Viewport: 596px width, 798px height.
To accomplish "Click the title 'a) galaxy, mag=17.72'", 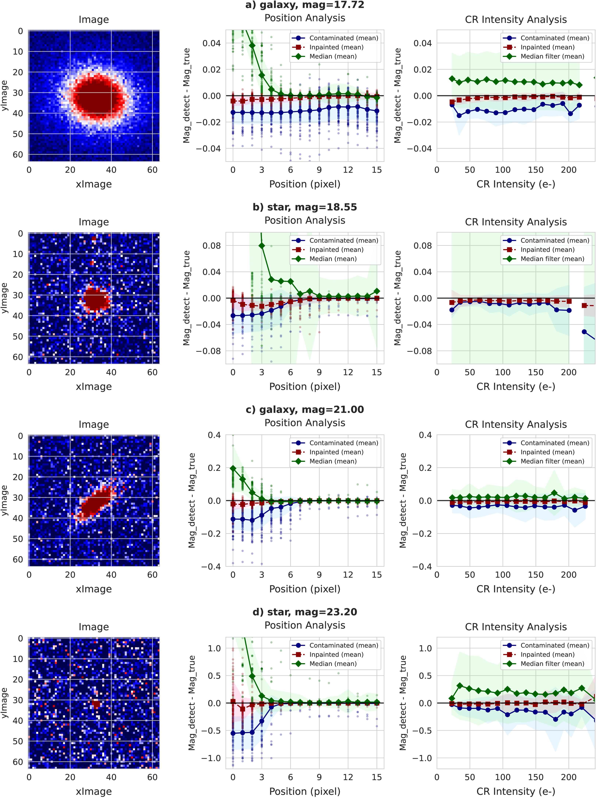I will click(305, 5).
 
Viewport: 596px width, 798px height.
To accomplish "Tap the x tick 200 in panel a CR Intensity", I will click(569, 170).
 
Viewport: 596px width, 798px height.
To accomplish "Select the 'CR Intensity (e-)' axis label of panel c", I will click(516, 589).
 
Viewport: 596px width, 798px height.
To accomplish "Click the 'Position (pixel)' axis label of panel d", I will click(305, 791).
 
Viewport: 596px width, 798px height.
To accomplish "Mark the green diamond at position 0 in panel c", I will click(233, 468).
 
